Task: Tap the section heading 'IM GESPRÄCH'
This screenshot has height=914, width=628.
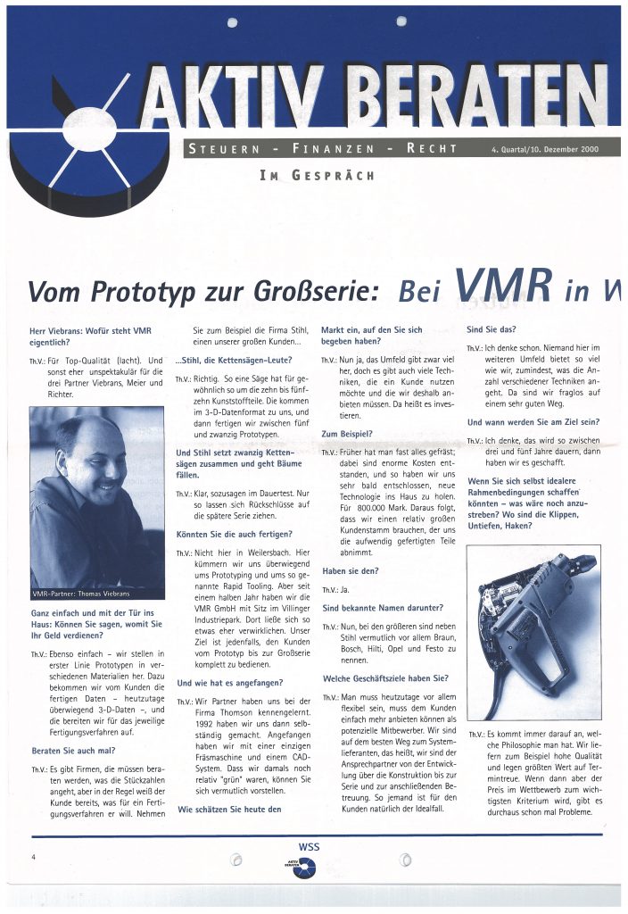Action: coord(317,175)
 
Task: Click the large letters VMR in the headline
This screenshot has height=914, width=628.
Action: coord(500,284)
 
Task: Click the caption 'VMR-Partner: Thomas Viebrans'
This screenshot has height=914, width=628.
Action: coord(83,594)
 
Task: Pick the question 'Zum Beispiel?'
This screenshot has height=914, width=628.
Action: coord(347,434)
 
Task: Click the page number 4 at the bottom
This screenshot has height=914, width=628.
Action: coord(33,857)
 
